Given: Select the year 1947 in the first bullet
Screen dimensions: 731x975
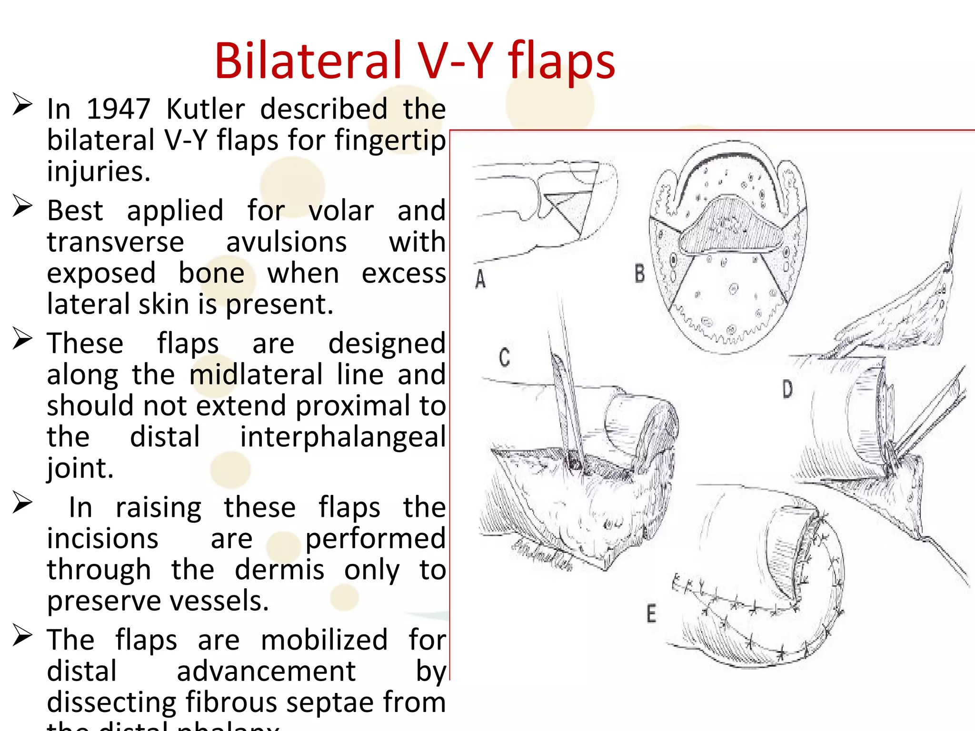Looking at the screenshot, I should coord(118,109).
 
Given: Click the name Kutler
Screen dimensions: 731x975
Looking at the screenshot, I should coord(206,109).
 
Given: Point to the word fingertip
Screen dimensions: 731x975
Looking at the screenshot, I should coord(390,141).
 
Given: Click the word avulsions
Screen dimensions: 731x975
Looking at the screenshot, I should coord(286,242).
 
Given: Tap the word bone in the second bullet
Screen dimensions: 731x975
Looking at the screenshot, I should coord(211,273).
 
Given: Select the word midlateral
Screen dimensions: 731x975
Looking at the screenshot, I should coord(256,375).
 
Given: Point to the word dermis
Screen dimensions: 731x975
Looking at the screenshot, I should coord(279,570).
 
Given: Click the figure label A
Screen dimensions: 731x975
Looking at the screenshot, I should coord(480,279).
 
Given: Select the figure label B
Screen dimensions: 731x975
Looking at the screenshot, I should coord(640,274).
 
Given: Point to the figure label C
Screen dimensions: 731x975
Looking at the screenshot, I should coord(505,357).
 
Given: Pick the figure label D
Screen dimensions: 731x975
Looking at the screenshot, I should coord(787,389).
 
